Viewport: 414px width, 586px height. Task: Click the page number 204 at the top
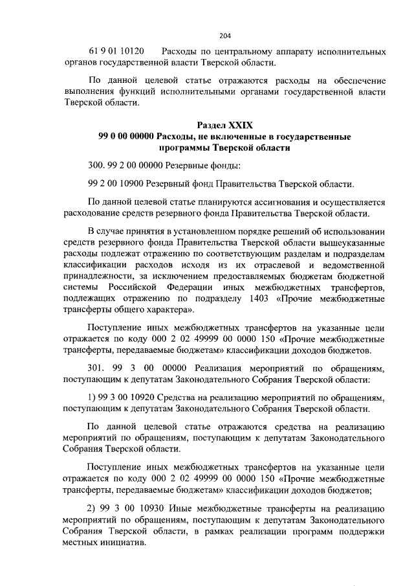(x=225, y=35)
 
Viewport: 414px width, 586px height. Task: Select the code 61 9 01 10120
(x=116, y=51)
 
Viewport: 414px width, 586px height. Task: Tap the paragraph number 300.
(x=94, y=165)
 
